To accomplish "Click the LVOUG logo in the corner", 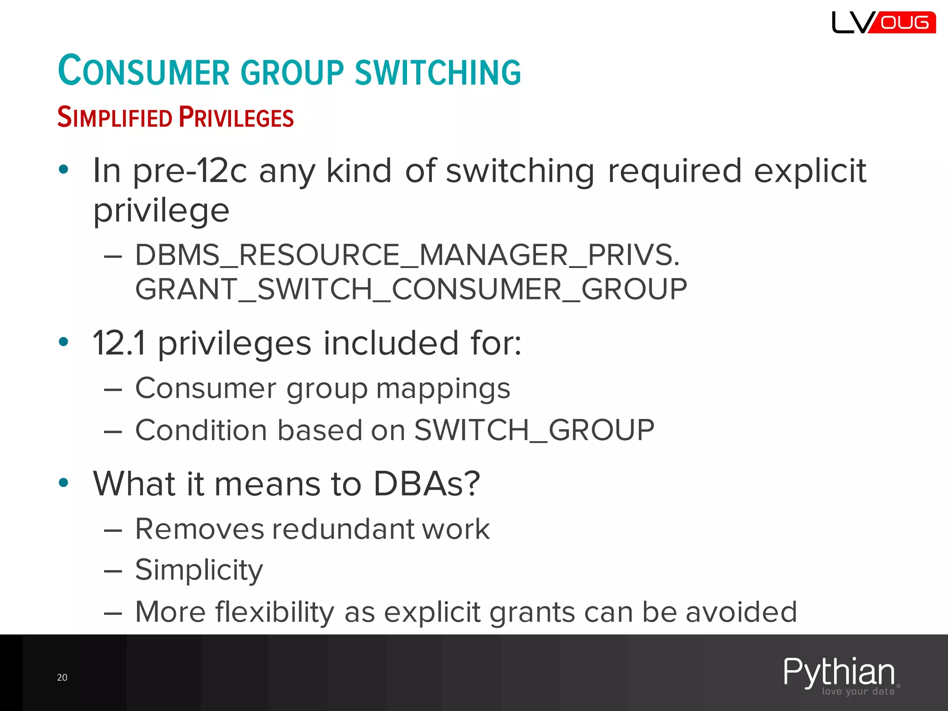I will (x=883, y=22).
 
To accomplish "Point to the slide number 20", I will (x=62, y=678).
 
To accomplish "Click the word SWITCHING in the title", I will (x=437, y=73).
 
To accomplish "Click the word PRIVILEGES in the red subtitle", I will (x=236, y=117).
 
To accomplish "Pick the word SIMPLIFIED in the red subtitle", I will (x=114, y=117).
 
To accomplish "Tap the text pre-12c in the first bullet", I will (x=190, y=171).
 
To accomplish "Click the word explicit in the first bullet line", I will (x=810, y=171).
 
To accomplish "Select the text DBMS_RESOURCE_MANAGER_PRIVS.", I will (x=407, y=255).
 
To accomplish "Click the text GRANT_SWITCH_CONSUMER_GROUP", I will (x=411, y=289).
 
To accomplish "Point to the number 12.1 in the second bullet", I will (x=119, y=343).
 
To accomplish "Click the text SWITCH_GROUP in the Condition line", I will (x=534, y=430).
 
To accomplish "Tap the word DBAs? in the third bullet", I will (x=426, y=484).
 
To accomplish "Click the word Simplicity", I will (x=199, y=570).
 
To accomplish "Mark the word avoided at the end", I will (x=741, y=612).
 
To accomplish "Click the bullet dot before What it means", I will (x=63, y=483).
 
